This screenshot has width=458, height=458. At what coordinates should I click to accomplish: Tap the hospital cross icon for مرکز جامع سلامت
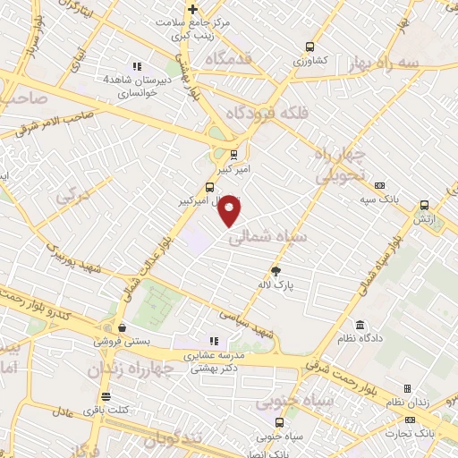click(x=192, y=10)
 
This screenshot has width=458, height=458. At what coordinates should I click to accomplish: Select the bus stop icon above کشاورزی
click(x=310, y=47)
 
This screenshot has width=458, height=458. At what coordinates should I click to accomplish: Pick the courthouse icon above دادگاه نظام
click(x=360, y=325)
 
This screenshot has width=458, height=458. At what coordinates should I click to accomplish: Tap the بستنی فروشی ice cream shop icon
click(x=121, y=327)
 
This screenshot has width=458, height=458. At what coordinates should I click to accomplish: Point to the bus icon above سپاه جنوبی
click(x=280, y=422)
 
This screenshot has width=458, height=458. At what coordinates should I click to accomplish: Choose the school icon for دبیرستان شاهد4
click(x=137, y=66)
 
